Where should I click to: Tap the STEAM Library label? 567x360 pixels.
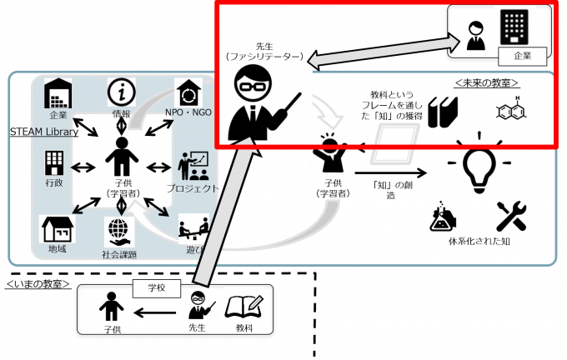coord(44,132)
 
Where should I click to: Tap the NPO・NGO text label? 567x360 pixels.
coord(188,112)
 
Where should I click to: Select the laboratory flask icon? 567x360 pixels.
coord(444,216)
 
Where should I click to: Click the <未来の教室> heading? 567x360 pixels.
coord(488,82)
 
